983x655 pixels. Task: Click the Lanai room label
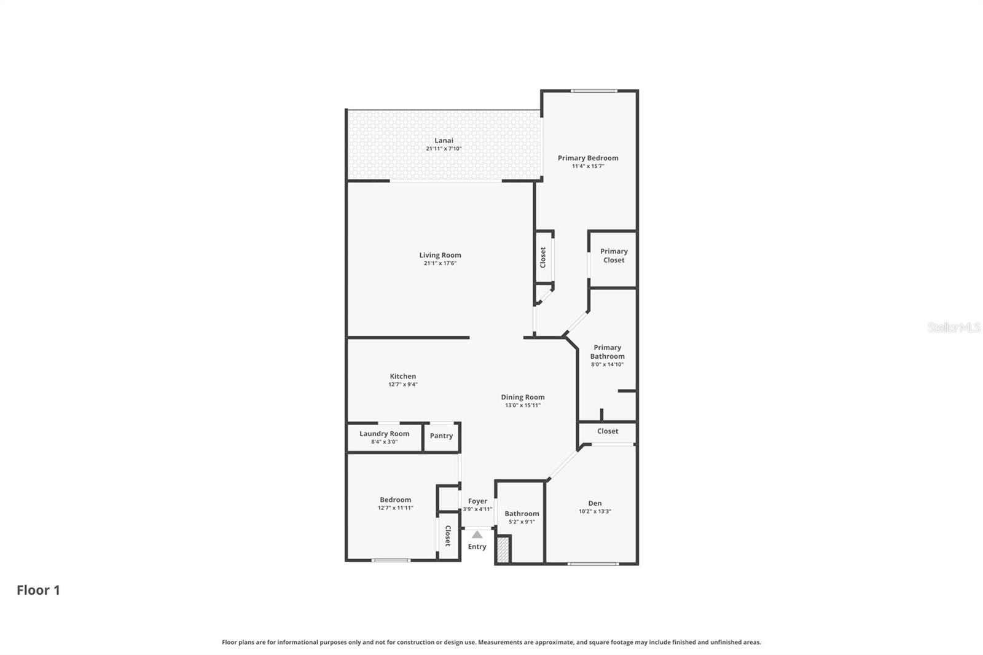click(x=444, y=141)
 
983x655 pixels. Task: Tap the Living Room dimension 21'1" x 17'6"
click(x=440, y=264)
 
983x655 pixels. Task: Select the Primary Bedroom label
click(x=588, y=158)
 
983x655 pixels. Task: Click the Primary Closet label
click(x=613, y=256)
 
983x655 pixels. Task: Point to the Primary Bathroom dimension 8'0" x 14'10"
click(x=607, y=364)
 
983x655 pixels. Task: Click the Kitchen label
click(x=402, y=376)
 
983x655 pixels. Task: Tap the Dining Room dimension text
click(x=523, y=406)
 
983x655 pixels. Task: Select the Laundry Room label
click(x=384, y=433)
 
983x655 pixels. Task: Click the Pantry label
click(x=441, y=436)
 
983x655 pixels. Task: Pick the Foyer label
click(x=477, y=501)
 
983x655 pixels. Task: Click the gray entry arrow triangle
click(x=477, y=535)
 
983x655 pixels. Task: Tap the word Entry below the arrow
click(x=477, y=547)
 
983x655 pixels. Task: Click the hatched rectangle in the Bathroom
click(x=503, y=549)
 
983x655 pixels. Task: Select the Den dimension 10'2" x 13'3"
click(x=595, y=511)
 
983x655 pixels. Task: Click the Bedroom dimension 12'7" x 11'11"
click(x=395, y=508)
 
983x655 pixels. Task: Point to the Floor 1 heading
click(x=38, y=590)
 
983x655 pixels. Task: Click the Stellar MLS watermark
click(x=954, y=327)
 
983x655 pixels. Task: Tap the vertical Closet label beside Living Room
click(x=542, y=257)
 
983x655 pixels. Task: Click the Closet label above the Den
click(x=607, y=431)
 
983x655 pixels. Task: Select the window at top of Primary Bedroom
click(x=593, y=91)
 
